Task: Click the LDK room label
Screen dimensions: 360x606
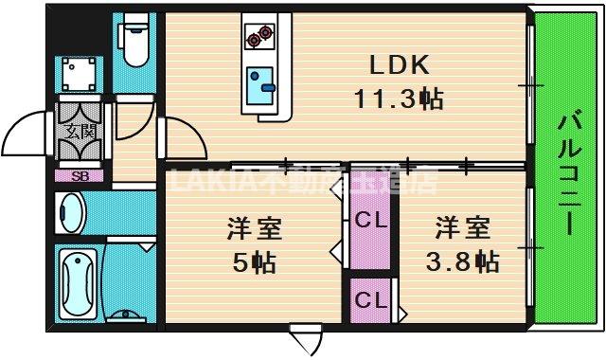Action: [x=400, y=65]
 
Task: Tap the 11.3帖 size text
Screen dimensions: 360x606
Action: [x=400, y=98]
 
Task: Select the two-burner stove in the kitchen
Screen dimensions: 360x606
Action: [x=258, y=37]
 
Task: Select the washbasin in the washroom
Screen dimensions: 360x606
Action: [x=70, y=211]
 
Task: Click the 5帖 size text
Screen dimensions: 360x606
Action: [x=255, y=262]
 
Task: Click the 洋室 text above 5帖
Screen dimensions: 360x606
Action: [x=255, y=229]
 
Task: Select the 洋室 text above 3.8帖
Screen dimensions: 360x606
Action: [x=464, y=229]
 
